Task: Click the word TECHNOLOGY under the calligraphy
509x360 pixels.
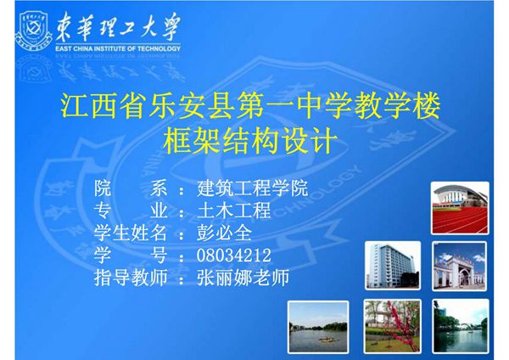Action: (x=160, y=49)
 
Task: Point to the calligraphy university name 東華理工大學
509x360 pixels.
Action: (x=119, y=29)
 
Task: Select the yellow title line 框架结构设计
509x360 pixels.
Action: (x=254, y=138)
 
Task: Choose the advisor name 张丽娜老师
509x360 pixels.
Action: (x=243, y=278)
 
